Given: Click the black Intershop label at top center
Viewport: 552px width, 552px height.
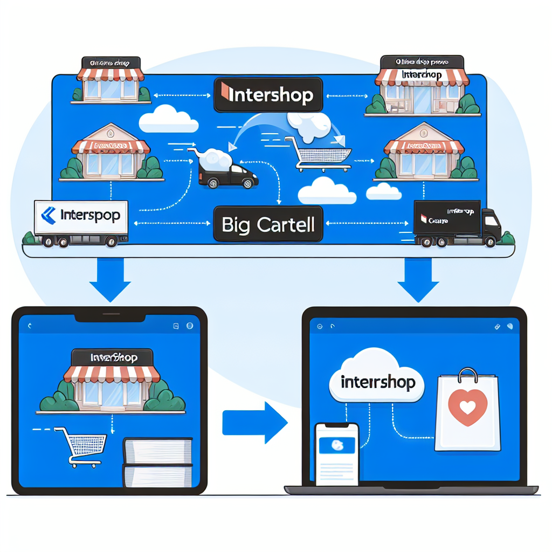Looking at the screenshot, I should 267,95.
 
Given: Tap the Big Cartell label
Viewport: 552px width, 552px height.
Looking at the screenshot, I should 267,224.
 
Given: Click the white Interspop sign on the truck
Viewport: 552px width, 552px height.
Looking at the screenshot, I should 81,217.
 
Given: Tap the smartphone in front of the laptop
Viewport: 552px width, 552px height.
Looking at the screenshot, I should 337,452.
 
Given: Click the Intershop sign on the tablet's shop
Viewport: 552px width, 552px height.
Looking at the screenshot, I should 113,357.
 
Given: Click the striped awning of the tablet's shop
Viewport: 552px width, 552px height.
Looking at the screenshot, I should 113,373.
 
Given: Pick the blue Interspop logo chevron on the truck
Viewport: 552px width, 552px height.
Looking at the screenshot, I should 48,216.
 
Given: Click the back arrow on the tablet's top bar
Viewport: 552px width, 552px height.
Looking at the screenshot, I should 29,326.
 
